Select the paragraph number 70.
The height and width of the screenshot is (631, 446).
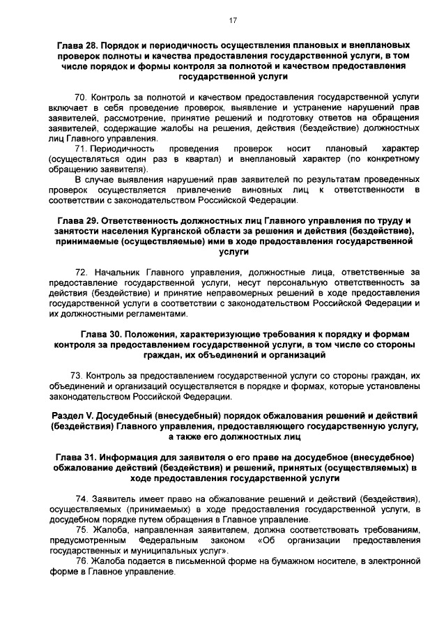[80, 98]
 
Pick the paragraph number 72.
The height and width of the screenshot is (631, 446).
[80, 271]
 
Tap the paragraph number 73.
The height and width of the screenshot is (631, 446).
[77, 375]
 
